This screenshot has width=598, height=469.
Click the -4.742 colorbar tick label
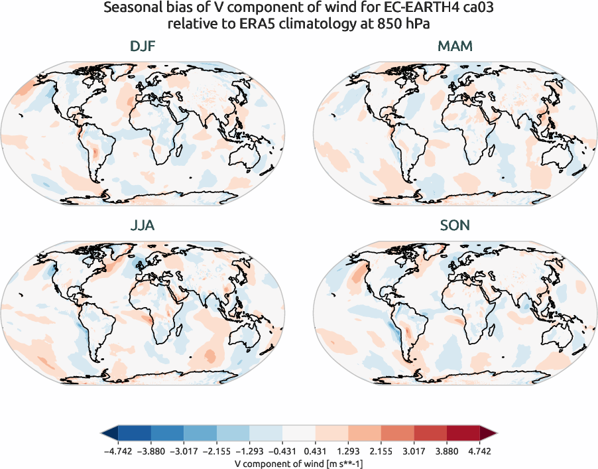[x=117, y=450]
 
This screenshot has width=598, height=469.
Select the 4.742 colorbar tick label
[x=480, y=450]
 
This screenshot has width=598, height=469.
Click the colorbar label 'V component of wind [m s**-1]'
[x=298, y=462]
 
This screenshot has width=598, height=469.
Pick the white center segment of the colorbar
[x=298, y=434]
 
